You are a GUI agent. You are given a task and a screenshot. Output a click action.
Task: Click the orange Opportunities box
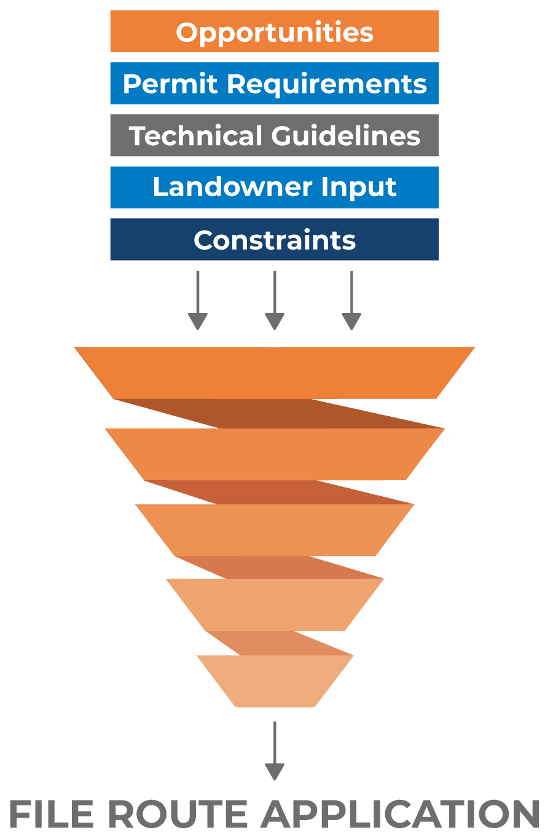[x=274, y=31]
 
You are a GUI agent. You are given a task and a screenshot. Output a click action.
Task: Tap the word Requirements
[x=326, y=84]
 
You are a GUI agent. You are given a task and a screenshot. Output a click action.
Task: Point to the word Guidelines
[x=345, y=136]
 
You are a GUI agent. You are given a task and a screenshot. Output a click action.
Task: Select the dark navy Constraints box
[x=274, y=240]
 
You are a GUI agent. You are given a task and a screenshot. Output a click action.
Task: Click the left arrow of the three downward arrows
[x=198, y=301]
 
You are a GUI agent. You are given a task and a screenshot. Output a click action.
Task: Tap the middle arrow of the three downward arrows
[x=275, y=301]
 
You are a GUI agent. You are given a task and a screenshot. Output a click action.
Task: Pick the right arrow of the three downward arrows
[x=351, y=301]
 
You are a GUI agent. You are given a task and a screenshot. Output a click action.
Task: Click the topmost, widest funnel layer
[x=275, y=373]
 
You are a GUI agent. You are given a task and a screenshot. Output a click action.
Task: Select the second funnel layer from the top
[x=275, y=454]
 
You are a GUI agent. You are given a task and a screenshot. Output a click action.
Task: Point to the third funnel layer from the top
[x=275, y=530]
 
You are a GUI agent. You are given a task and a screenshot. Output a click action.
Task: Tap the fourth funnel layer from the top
[x=275, y=604]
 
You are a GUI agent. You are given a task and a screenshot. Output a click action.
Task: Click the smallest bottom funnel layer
[x=275, y=681]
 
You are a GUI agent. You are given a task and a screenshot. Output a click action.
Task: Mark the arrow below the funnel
[x=275, y=751]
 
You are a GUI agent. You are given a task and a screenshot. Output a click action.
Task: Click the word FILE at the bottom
[x=52, y=815]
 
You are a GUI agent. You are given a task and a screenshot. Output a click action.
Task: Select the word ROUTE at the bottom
[x=179, y=815]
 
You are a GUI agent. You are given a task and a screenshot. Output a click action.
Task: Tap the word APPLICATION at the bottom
[x=401, y=815]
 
